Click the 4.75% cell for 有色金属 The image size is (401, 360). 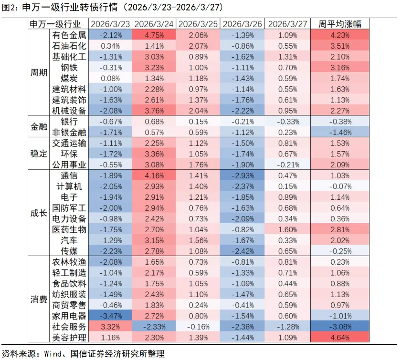[154, 35]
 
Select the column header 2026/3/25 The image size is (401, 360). [198, 24]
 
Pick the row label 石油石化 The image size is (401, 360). [69, 46]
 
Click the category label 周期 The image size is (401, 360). [38, 73]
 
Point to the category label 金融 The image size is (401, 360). [38, 127]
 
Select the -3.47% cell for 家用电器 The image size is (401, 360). [110, 316]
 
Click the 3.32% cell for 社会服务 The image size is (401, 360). [110, 327]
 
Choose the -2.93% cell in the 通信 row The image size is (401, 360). [243, 175]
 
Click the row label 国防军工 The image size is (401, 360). [69, 208]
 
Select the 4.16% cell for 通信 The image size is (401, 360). [154, 175]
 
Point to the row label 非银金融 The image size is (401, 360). [69, 132]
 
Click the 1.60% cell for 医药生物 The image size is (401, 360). [287, 229]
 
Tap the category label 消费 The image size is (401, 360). [38, 299]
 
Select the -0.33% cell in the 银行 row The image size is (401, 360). [287, 121]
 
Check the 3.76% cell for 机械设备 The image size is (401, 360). [154, 111]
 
